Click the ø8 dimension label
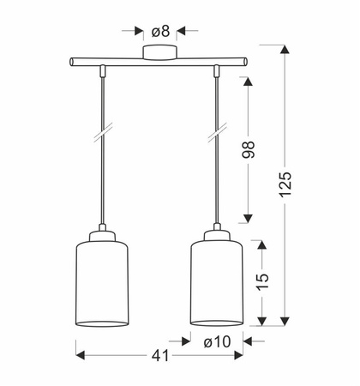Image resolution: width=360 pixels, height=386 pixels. coord(160,31)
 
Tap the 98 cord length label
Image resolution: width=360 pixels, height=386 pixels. coord(248,149)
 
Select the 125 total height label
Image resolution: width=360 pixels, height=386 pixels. coord(285,184)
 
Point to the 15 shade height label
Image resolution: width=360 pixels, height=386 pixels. coord(262,282)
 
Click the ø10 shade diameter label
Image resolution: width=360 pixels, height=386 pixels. coord(217,341)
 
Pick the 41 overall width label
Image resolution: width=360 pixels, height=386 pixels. coord(160,356)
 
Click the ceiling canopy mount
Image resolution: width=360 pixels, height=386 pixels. coord(159,52)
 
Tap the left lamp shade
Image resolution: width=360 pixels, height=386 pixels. coord(102,283)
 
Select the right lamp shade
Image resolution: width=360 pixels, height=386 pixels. coord(217,283)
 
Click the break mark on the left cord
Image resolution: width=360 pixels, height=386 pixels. coord(103,132)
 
